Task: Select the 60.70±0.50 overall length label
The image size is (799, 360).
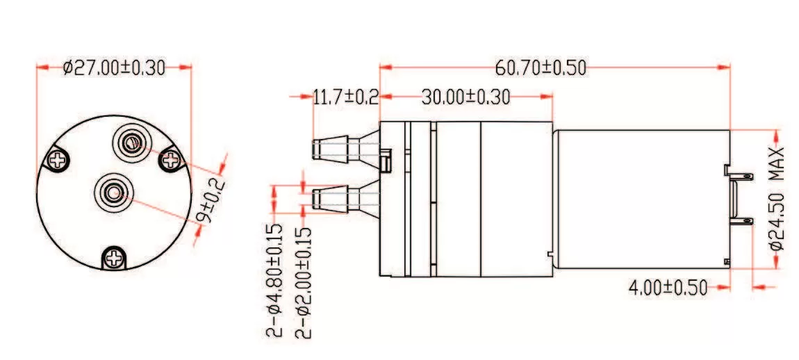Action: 541,68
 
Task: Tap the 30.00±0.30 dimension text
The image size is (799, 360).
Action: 466,97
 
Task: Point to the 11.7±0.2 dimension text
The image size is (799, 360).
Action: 345,97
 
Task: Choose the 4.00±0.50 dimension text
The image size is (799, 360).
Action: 667,286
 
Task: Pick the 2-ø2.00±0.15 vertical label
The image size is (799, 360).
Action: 303,281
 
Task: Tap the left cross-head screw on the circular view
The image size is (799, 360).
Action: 55,160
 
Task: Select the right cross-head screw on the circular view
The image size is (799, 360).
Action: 171,161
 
